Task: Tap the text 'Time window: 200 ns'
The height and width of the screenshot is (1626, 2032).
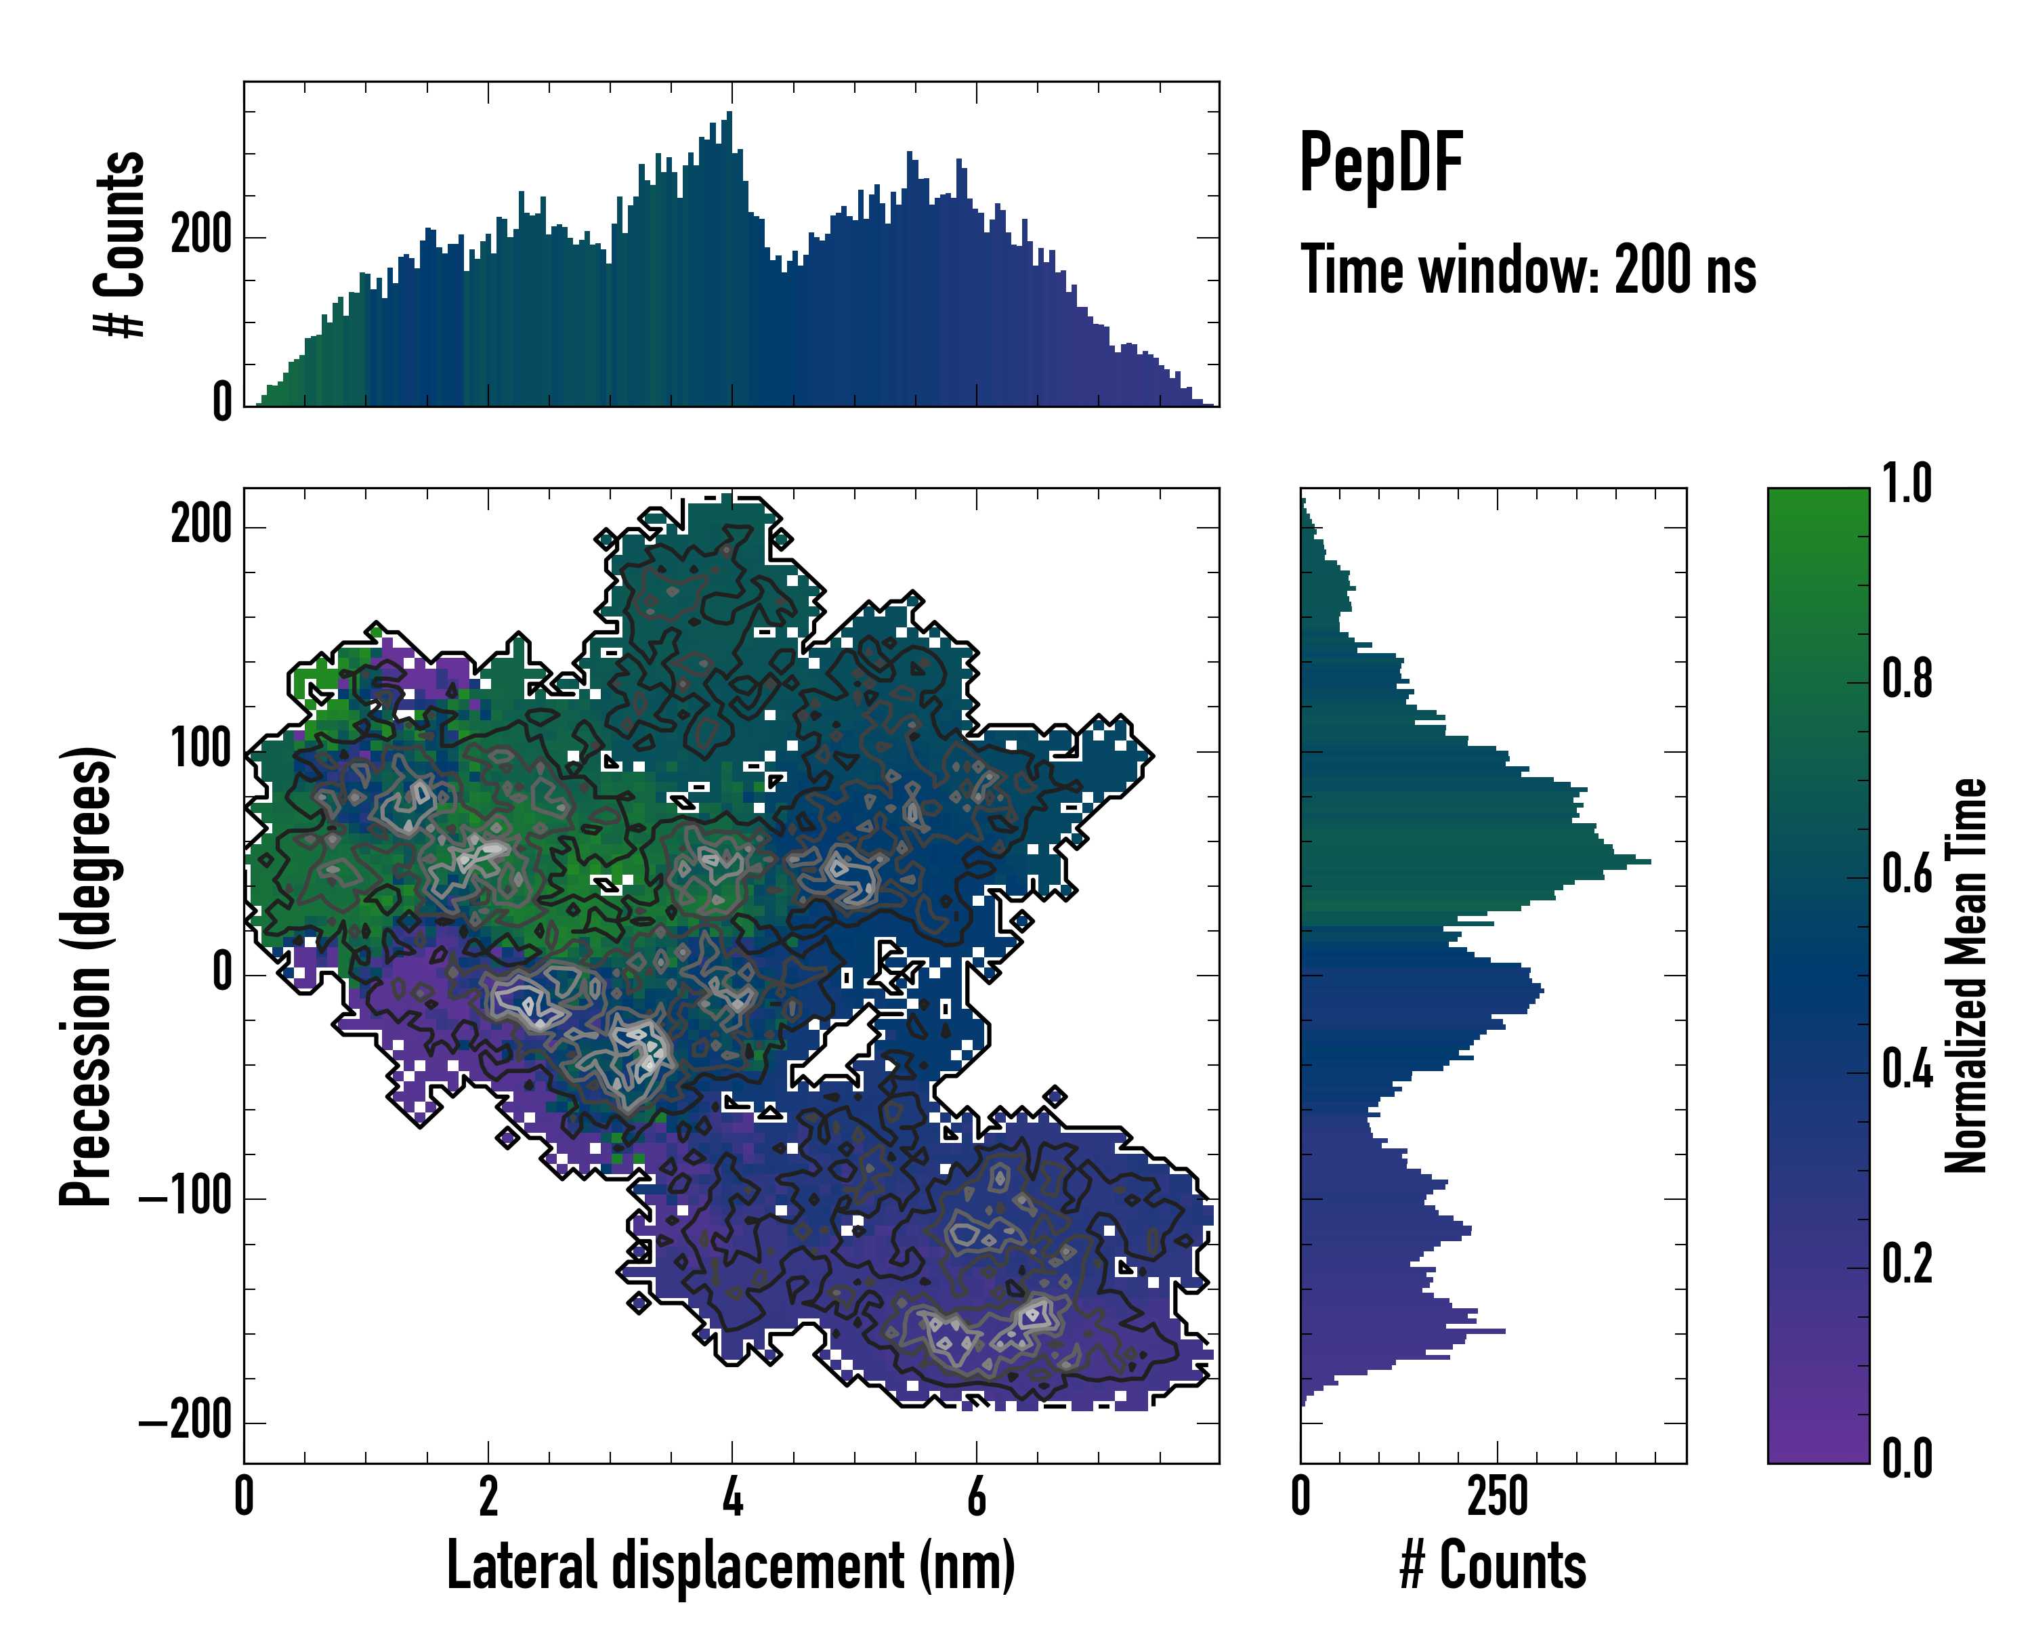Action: click(1528, 270)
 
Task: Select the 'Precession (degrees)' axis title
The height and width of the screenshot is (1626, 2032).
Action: click(86, 976)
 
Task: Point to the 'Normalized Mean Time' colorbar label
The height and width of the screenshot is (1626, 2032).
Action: click(1966, 975)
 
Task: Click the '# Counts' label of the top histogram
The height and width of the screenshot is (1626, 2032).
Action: click(120, 244)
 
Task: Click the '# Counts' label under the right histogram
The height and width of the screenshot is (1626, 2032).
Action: click(1493, 1566)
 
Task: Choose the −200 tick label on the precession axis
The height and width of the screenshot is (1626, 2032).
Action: click(186, 1421)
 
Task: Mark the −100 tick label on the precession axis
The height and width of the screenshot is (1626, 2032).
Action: click(186, 1197)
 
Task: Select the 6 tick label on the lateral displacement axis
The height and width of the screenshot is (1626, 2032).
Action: click(977, 1497)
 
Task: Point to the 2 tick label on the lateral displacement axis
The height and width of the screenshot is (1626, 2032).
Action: click(488, 1497)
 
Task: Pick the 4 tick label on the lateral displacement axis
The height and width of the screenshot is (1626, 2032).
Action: click(732, 1497)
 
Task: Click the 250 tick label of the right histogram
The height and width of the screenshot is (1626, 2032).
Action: click(1497, 1497)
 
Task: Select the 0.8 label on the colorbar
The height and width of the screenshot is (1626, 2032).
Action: click(1907, 680)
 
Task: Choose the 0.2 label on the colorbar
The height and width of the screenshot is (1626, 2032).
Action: click(1907, 1264)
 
